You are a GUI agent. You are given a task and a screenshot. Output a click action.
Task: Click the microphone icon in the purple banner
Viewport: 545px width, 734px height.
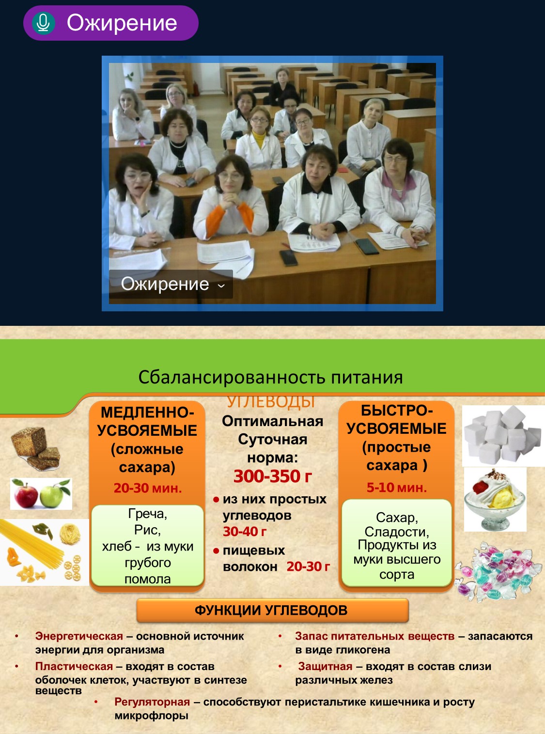(x=44, y=23)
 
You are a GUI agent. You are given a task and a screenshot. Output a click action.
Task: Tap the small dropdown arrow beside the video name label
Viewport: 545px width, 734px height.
(x=221, y=286)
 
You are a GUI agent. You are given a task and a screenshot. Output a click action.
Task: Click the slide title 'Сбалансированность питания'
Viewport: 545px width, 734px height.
(x=270, y=377)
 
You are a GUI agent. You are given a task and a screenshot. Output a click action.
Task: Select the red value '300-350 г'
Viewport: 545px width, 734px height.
(x=273, y=476)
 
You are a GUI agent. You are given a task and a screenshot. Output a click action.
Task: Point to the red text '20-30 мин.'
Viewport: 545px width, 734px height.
(x=148, y=488)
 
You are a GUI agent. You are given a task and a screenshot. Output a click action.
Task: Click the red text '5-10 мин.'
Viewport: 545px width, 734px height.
(x=397, y=488)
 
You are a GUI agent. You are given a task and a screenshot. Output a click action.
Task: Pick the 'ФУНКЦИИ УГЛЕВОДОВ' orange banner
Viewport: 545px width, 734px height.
(x=272, y=610)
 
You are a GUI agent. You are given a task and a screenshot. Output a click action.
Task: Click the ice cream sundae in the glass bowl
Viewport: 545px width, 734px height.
(x=495, y=499)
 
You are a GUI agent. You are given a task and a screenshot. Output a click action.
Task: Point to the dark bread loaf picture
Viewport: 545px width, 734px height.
(x=36, y=448)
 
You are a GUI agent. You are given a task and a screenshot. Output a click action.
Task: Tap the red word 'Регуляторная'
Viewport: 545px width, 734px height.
(x=152, y=702)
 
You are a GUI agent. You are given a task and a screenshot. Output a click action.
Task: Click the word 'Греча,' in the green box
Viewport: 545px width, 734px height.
(x=148, y=514)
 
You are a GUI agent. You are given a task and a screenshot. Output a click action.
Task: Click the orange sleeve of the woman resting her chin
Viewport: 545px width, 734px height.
(x=246, y=216)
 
